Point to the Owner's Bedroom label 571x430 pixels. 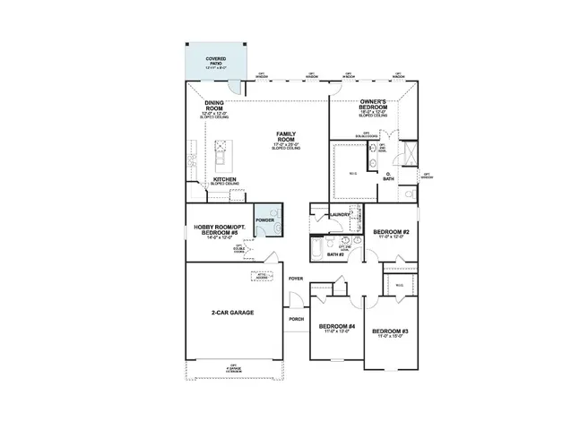point(372,105)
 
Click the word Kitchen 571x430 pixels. point(223,179)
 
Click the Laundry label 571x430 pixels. point(339,215)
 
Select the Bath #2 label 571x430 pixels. point(335,254)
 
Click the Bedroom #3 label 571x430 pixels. point(391,333)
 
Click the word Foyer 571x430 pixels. point(295,279)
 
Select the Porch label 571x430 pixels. point(296,319)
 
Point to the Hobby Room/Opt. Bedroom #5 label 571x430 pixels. point(220,230)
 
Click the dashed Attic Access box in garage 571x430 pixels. point(262,276)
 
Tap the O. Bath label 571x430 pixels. point(388,176)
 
